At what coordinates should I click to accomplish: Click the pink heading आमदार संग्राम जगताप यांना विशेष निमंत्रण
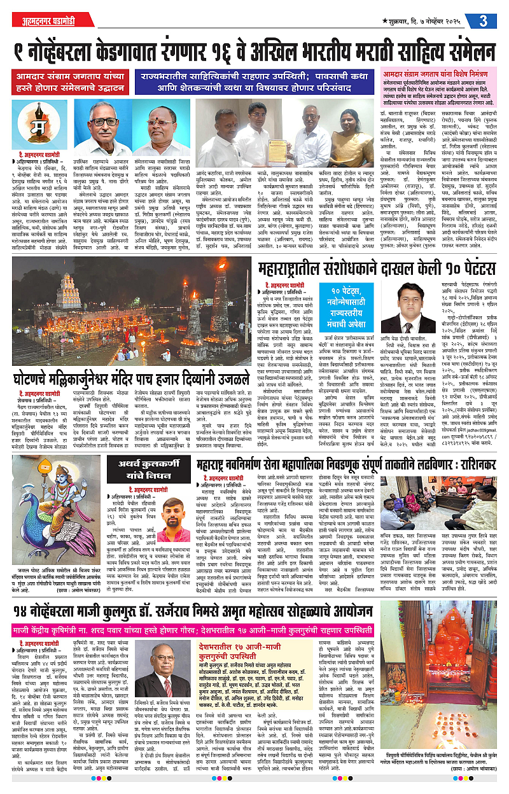click(438, 74)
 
